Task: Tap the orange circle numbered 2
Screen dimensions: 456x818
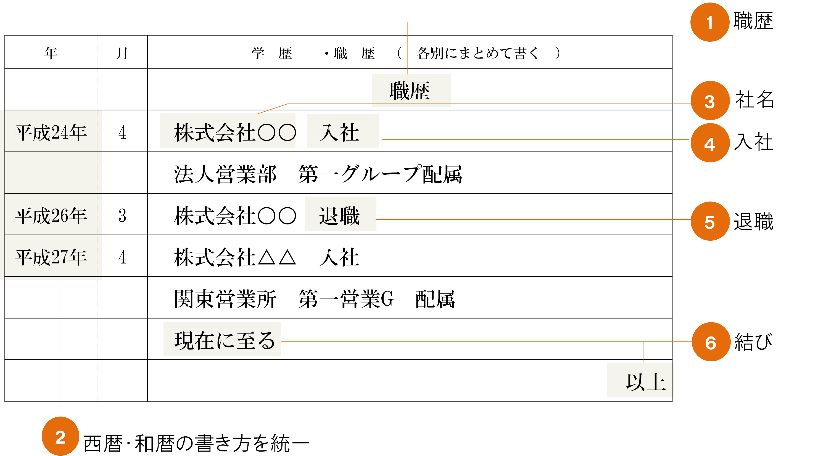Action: tap(60, 437)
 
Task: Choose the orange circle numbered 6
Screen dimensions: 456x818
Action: tap(710, 342)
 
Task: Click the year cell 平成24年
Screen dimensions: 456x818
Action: tap(51, 132)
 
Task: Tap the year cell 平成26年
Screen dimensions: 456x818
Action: tap(51, 216)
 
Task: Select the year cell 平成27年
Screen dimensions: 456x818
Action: tap(51, 257)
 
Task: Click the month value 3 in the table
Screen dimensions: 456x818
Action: tap(122, 216)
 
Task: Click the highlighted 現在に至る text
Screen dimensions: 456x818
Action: tap(222, 340)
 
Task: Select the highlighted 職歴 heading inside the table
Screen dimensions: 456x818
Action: tap(410, 91)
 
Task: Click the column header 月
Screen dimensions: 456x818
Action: tap(122, 53)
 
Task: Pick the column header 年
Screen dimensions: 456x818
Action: tap(51, 53)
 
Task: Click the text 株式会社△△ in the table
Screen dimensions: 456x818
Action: tap(235, 257)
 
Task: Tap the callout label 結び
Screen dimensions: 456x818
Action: tap(753, 342)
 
